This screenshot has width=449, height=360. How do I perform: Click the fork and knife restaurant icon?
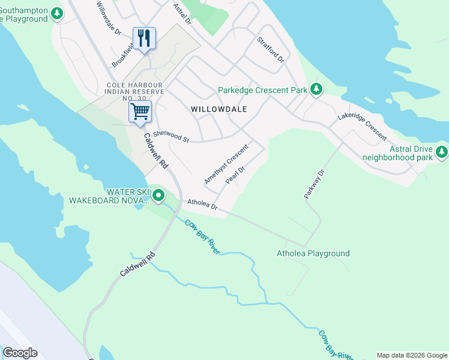144,39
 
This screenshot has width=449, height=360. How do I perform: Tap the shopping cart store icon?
140,112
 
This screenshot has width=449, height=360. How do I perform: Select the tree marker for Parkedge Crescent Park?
316,90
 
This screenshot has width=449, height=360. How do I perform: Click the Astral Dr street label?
181,13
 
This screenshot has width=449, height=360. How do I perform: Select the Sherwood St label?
171,137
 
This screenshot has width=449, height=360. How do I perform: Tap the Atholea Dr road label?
202,205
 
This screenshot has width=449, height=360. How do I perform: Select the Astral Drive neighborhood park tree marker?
442,152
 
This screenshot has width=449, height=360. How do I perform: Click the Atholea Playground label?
313,253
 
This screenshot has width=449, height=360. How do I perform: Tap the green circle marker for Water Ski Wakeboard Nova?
158,196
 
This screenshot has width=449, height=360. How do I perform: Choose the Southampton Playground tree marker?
57,14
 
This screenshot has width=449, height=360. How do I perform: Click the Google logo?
20,353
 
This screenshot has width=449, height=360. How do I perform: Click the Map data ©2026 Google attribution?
412,355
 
